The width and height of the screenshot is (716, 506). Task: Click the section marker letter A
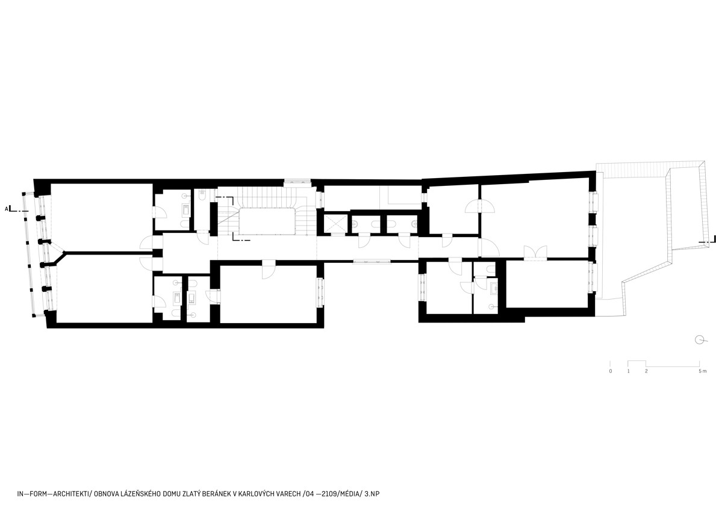[7, 209]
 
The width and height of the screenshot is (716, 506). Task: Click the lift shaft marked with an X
[335, 224]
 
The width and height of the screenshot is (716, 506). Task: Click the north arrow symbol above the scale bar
[700, 339]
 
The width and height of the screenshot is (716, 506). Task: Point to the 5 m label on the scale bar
[702, 371]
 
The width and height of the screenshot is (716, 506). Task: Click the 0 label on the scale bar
[611, 371]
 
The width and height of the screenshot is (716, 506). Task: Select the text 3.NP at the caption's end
[372, 494]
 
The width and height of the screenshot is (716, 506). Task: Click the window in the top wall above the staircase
[298, 182]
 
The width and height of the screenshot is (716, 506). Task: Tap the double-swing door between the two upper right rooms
[479, 208]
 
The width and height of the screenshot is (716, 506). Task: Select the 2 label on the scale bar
[646, 371]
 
